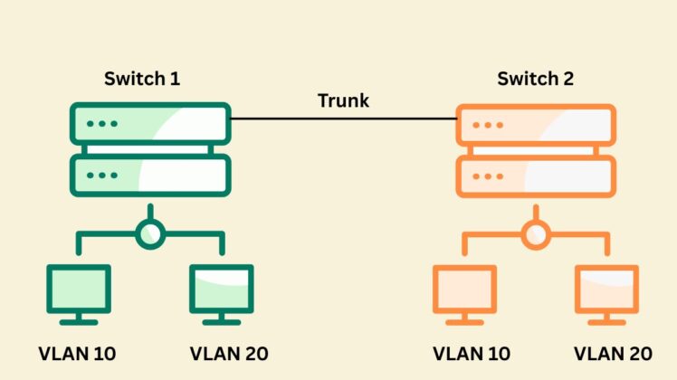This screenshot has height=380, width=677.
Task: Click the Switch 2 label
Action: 535,79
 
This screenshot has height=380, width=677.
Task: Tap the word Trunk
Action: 343,100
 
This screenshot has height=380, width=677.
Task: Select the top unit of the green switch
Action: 150,123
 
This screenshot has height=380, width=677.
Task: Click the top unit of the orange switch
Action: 536,123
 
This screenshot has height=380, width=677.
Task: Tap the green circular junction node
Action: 150,234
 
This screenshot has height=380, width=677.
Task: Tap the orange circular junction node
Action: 536,234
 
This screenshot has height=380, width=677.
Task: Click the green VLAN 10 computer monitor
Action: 79,291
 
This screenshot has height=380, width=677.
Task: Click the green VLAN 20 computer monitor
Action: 222,291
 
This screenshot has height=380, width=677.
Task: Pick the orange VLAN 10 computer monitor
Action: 464,291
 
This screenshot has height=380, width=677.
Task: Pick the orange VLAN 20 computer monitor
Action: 607,291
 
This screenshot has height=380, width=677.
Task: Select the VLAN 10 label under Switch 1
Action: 78,353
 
